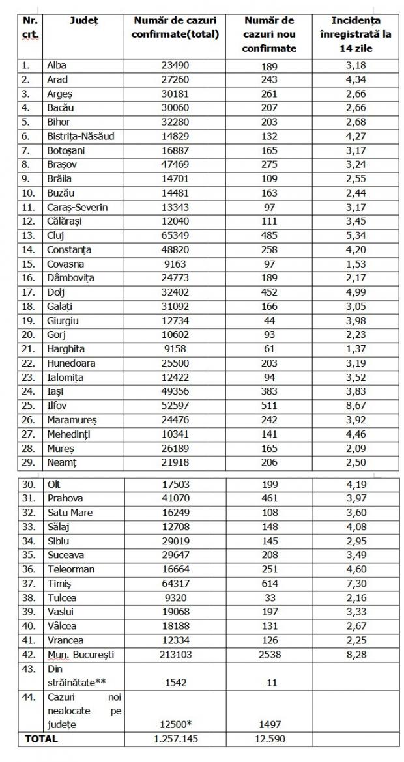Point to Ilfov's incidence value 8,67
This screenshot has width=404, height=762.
355,405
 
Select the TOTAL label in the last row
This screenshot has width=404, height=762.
41,739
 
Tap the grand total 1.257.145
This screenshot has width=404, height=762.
175,739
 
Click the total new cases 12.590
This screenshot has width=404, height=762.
272,739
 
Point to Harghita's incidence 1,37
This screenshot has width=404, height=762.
355,348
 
